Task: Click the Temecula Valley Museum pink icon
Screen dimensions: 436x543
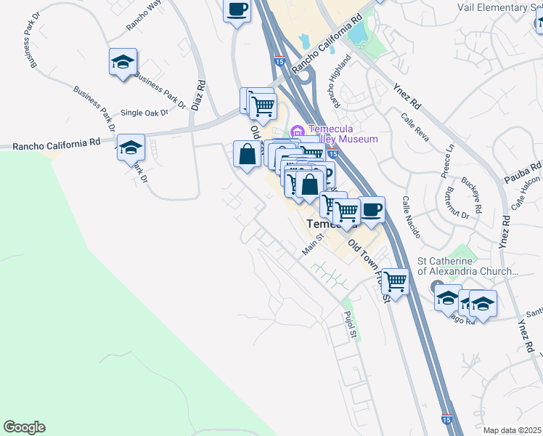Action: (x=296, y=131)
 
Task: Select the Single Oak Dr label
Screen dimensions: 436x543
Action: (x=144, y=113)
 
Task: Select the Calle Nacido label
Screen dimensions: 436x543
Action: (x=407, y=211)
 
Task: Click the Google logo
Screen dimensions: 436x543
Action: (x=24, y=427)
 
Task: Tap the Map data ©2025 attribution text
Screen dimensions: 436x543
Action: (x=513, y=430)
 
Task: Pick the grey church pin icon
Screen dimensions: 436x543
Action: (x=436, y=286)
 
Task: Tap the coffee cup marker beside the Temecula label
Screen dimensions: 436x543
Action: (x=372, y=210)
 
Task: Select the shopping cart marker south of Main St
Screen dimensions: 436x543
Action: (x=396, y=280)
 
